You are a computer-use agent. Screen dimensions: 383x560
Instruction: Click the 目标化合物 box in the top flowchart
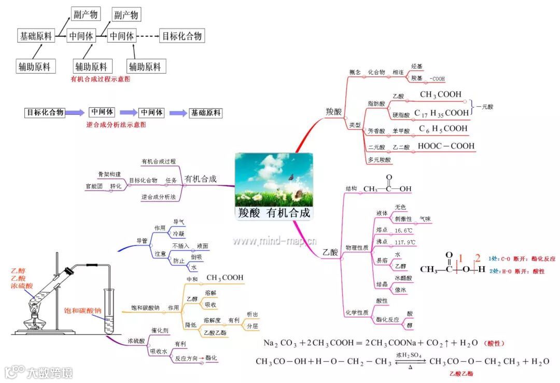point(181,36)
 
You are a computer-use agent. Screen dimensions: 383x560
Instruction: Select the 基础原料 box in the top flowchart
point(36,36)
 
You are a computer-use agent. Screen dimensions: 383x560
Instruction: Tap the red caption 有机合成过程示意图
point(100,79)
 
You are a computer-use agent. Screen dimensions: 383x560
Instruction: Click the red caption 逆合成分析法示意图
point(116,125)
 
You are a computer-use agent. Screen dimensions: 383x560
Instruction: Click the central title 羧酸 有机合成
point(274,213)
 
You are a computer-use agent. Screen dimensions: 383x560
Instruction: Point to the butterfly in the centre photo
point(291,177)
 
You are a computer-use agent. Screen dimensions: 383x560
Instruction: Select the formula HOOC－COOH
point(446,146)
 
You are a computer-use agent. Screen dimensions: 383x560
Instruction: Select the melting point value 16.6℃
point(404,230)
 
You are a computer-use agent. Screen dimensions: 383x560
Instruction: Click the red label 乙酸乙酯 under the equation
point(461,373)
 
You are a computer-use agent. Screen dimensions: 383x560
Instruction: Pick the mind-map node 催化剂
point(161,330)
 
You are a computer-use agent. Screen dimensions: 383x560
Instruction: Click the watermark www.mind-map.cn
point(274,241)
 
